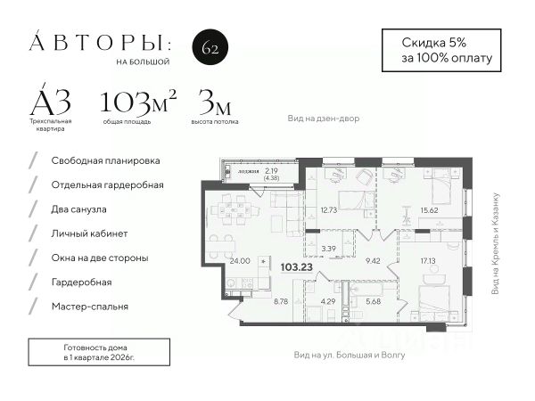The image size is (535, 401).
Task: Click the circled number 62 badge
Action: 210,48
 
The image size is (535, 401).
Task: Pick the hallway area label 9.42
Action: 374,261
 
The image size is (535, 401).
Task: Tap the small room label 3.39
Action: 327,250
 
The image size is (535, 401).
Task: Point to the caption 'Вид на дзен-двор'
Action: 323,119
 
